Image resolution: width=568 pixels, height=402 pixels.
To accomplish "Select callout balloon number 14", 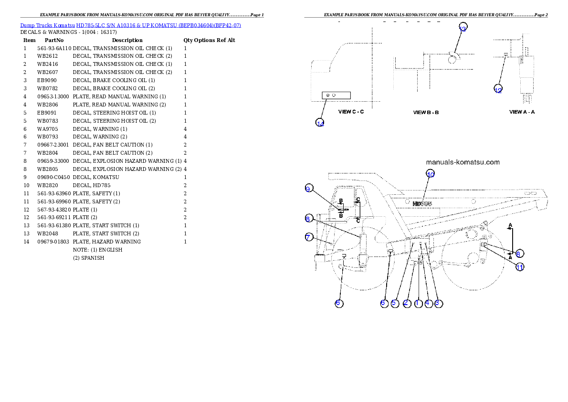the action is pos(320,123).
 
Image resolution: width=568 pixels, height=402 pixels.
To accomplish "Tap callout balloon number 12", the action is pos(498,89).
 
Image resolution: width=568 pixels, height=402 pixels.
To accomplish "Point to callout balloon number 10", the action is pos(431,174).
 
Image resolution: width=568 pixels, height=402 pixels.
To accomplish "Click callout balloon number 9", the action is pos(309,189).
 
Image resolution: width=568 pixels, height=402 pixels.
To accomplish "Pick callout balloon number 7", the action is pos(309,237).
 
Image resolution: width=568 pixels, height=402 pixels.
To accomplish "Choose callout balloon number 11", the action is pos(520,267).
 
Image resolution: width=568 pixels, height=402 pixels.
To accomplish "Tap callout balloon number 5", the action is pos(395,303).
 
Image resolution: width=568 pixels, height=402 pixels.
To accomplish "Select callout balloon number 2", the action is pos(407,303).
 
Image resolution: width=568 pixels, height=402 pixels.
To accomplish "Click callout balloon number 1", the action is pos(418,303).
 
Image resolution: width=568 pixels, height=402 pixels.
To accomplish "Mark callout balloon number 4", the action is pos(429,303).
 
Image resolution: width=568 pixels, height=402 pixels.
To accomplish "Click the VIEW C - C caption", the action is pos(351,112).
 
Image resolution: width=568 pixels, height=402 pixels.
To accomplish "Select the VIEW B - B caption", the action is pos(426,113).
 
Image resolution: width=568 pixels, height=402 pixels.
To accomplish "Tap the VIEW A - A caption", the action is pos(522,112).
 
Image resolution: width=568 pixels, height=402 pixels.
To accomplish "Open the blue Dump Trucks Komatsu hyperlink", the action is pos(130,25).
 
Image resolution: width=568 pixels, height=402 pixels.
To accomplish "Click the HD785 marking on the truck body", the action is pos(422,203).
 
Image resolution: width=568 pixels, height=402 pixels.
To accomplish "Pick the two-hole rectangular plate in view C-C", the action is pos(337,95).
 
